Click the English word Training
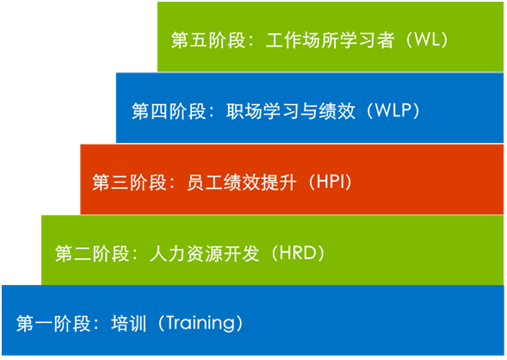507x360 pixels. tap(200, 323)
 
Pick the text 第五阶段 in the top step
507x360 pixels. tap(208, 40)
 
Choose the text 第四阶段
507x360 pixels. tap(169, 111)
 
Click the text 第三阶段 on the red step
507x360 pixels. tap(129, 182)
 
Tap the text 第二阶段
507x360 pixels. tap(92, 253)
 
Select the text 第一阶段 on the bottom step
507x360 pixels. tap(53, 324)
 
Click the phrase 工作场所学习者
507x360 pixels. tap(331, 40)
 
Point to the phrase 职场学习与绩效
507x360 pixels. tap(291, 111)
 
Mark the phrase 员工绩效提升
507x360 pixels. tap(242, 182)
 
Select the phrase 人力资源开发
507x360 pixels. tap(204, 253)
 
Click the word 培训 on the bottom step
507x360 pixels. tap(129, 324)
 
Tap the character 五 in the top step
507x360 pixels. tap(199, 40)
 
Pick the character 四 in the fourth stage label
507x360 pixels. tap(159, 111)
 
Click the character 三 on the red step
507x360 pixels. tap(120, 183)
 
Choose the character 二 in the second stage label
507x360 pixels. tap(83, 253)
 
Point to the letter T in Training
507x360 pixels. tap(171, 322)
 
